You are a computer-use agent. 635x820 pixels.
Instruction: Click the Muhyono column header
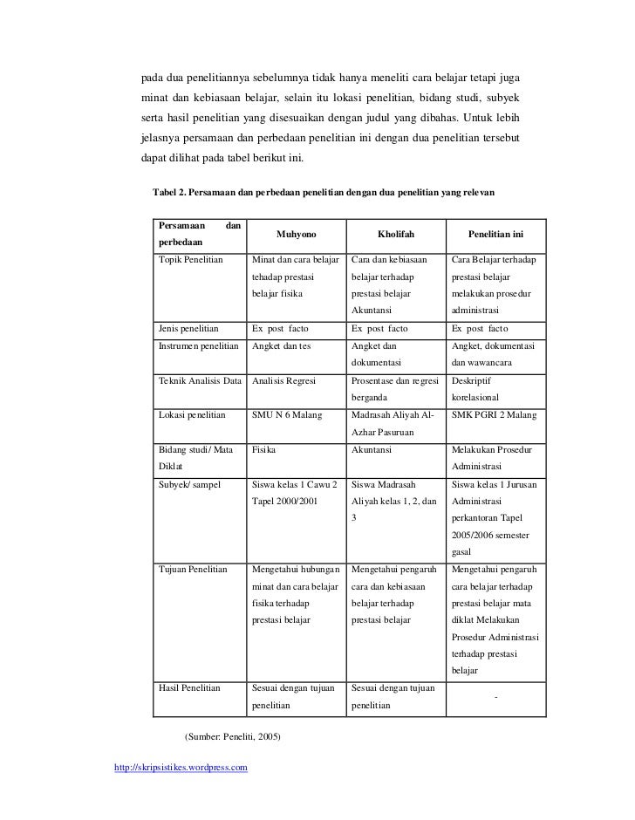coord(297,235)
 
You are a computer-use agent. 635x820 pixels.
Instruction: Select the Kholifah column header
coord(396,235)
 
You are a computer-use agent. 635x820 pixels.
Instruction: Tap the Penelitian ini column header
coord(495,235)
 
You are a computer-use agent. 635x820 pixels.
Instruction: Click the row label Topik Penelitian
coord(191,260)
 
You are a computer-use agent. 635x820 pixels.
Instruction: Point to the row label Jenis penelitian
coord(188,329)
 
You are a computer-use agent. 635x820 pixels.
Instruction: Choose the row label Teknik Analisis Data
coord(200,380)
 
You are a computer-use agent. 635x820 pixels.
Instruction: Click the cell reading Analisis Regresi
coord(283,380)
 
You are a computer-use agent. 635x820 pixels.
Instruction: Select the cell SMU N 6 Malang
coord(287,415)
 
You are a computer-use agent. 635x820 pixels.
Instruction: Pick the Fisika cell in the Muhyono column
coord(264,449)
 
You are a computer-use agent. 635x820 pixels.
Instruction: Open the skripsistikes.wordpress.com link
coord(181,768)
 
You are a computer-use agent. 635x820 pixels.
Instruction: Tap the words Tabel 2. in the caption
coord(171,191)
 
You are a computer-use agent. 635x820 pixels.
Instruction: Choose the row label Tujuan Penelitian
coord(193,570)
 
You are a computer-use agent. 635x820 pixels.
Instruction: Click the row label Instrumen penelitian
coord(198,346)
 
